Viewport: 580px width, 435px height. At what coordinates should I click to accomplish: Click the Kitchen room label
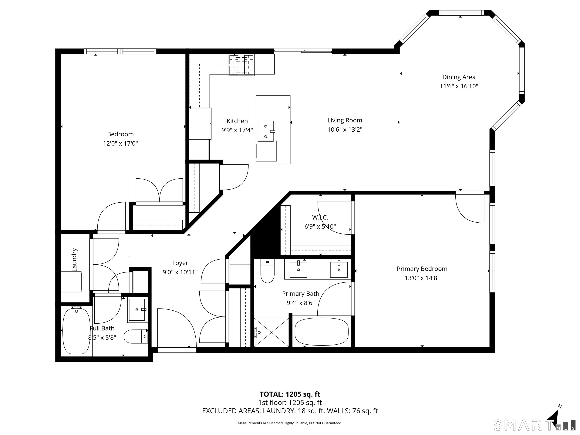coord(237,121)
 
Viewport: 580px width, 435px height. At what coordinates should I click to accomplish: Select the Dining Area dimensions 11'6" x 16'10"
coord(459,86)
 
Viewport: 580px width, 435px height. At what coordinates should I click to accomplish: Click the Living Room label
coord(345,120)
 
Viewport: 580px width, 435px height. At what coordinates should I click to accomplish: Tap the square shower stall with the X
coord(271,332)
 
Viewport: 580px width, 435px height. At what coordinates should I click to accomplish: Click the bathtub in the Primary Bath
coord(322,332)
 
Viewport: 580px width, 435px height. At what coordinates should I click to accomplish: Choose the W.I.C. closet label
coord(320,217)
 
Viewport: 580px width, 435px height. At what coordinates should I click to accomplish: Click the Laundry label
coord(74,260)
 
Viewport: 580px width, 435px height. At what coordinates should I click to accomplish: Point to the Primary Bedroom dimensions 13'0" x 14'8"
coord(422,278)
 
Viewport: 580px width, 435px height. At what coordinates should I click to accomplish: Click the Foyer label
coord(180,263)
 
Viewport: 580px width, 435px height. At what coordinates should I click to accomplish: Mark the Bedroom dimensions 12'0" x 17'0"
coord(120,143)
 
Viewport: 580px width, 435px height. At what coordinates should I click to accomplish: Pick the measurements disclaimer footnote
coord(290,423)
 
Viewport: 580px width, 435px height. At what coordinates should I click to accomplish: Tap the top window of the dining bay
coord(461,13)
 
